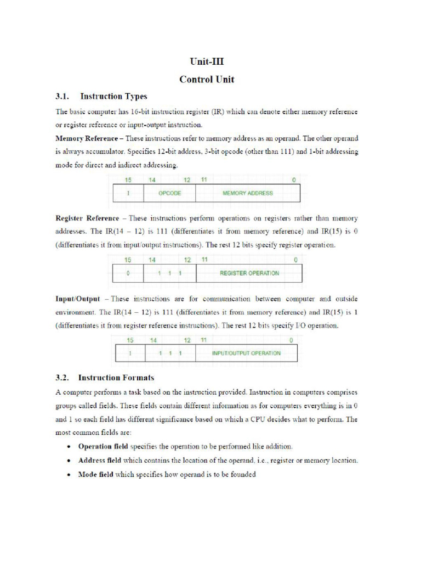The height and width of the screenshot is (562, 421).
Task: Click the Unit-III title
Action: (207, 61)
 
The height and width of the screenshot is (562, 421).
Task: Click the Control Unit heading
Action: (207, 80)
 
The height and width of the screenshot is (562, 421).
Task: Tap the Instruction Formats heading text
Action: (116, 378)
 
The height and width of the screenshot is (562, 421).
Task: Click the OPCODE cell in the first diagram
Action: (169, 193)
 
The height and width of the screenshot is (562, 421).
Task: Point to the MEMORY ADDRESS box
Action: (247, 193)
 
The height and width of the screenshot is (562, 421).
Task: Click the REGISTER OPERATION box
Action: (249, 273)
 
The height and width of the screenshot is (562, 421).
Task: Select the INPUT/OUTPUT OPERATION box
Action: (246, 353)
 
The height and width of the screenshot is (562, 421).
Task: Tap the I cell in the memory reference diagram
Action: (128, 193)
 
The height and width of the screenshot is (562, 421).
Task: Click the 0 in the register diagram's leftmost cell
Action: (128, 273)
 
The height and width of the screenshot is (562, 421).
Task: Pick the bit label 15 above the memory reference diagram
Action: (128, 180)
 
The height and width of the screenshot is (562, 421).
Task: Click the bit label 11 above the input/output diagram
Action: (204, 340)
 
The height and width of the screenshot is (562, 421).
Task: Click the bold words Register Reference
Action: (87, 218)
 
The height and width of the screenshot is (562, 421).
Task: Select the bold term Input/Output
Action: (78, 299)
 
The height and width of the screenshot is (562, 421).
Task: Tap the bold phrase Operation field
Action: (103, 446)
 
